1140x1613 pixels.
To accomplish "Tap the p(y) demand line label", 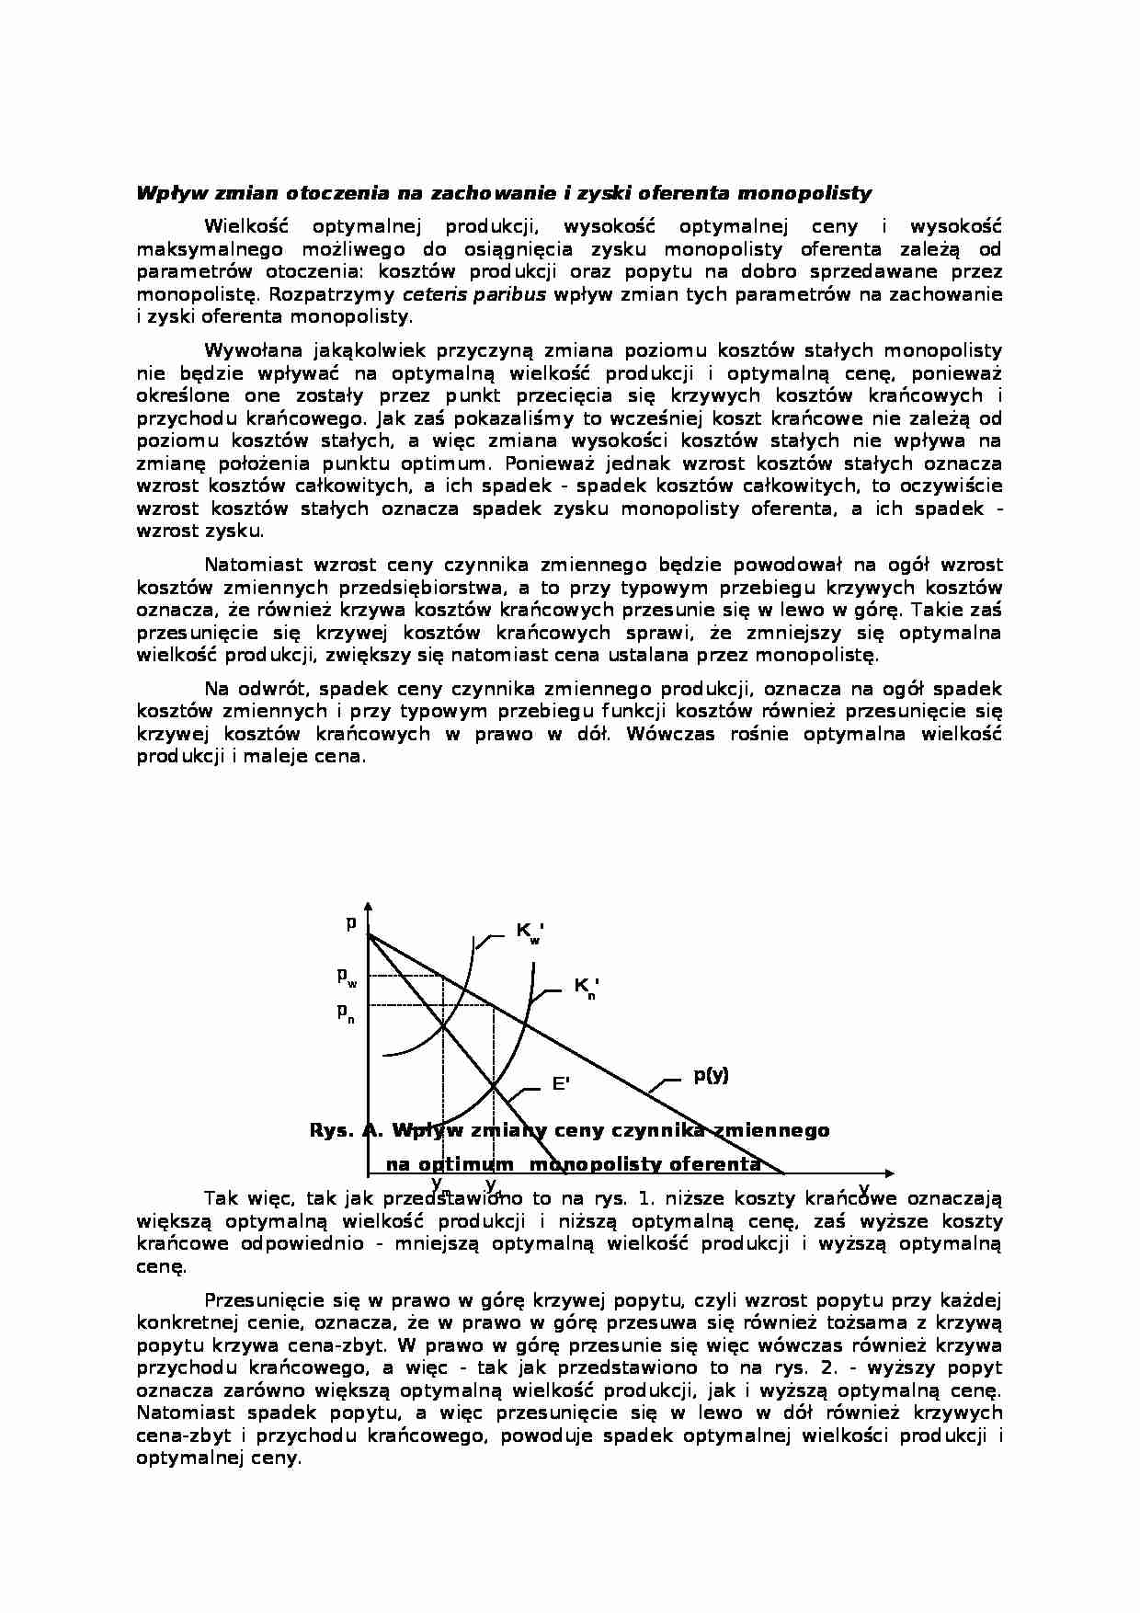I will pyautogui.click(x=710, y=1075).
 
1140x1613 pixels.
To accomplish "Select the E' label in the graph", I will pyautogui.click(x=560, y=1084).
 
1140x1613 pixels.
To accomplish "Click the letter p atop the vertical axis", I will pyautogui.click(x=350, y=922).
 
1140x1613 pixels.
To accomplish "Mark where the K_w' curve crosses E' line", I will pyautogui.click(x=443, y=1025).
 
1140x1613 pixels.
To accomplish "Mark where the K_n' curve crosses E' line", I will pyautogui.click(x=494, y=1086).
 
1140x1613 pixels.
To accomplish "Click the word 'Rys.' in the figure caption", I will pyautogui.click(x=332, y=1130).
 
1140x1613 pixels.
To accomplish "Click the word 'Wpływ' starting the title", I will pyautogui.click(x=161, y=193).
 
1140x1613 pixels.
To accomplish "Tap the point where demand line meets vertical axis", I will pyautogui.click(x=369, y=934).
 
